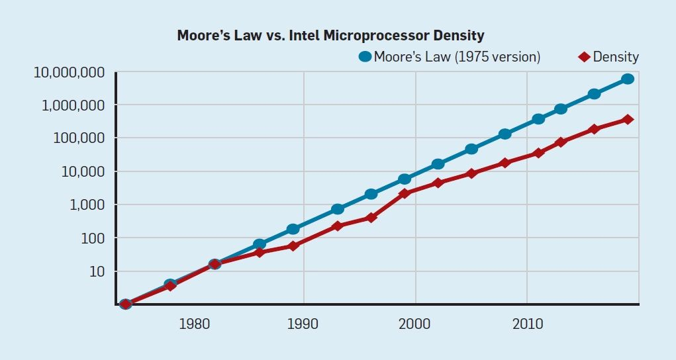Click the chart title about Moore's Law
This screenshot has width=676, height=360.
(x=330, y=36)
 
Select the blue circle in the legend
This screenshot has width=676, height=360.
(x=365, y=57)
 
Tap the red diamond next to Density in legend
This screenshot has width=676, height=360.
(x=584, y=57)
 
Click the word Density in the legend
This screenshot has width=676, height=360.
(x=616, y=57)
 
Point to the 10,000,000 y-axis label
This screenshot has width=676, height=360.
(x=70, y=72)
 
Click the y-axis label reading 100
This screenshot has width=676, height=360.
(x=93, y=238)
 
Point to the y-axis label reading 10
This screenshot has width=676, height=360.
(x=97, y=271)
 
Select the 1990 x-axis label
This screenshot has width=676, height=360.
(x=304, y=325)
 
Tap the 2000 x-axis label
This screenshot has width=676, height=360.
(x=415, y=325)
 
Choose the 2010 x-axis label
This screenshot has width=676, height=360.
(x=527, y=325)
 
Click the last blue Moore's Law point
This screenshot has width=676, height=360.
(x=628, y=79)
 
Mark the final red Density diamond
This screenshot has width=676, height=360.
(x=628, y=120)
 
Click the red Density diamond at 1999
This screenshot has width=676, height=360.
(x=405, y=193)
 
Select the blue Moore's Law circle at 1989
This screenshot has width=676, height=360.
(x=293, y=229)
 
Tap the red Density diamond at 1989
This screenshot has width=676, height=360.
(x=293, y=246)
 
